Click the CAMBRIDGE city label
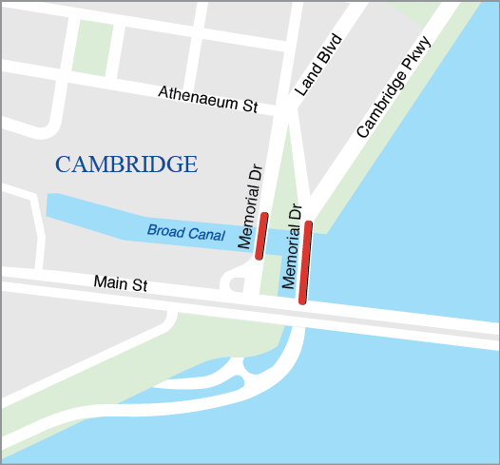[x=126, y=165]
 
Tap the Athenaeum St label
[x=208, y=99]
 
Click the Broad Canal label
[x=186, y=233]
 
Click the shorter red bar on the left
[x=262, y=236]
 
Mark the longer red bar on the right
[x=305, y=262]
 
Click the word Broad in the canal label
[x=165, y=231]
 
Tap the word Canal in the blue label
[x=205, y=235]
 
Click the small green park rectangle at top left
[x=92, y=48]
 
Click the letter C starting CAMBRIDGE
[x=63, y=165]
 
